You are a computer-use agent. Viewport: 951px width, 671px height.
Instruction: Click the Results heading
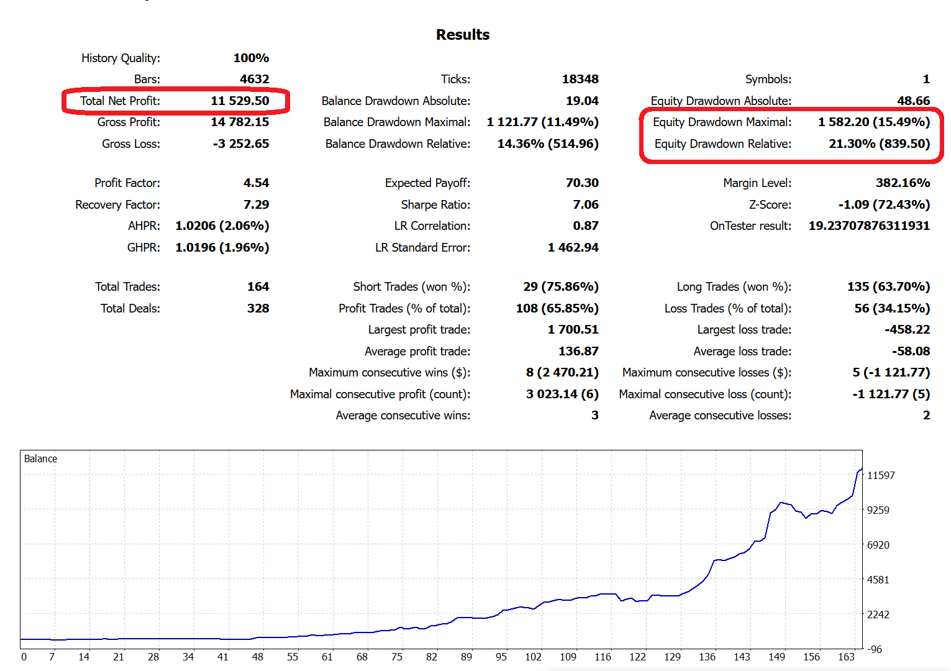pos(463,35)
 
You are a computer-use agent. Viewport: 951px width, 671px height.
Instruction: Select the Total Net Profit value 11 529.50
pos(240,101)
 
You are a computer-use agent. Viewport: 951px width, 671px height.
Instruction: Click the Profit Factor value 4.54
pos(256,183)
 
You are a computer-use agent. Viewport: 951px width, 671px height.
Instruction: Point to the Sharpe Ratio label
pos(435,204)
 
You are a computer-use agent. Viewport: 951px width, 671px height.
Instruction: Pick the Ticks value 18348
pos(580,79)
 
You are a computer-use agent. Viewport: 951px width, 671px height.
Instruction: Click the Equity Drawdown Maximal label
pos(722,122)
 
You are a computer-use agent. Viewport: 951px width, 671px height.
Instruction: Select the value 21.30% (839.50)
pos(879,144)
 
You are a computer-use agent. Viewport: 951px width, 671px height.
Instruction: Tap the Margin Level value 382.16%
pos(903,183)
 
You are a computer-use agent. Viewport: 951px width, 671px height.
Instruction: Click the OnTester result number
pos(869,226)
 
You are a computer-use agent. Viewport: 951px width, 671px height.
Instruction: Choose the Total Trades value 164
pos(258,286)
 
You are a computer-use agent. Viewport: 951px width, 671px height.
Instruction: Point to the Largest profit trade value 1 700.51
pos(573,329)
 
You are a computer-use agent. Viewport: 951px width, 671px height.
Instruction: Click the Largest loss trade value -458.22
pos(907,329)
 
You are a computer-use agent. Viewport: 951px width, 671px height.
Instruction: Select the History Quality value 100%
pos(251,58)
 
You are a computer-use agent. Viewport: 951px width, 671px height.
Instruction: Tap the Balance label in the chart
pos(40,459)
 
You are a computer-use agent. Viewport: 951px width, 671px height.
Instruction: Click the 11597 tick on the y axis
pos(881,475)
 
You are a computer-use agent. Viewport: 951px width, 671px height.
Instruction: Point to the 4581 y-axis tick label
pos(878,580)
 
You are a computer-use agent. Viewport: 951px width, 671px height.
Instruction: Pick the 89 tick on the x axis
pos(466,657)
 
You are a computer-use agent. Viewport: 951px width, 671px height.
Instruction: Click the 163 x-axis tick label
pos(846,657)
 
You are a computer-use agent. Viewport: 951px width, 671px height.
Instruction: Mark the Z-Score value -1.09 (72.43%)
pos(884,204)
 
